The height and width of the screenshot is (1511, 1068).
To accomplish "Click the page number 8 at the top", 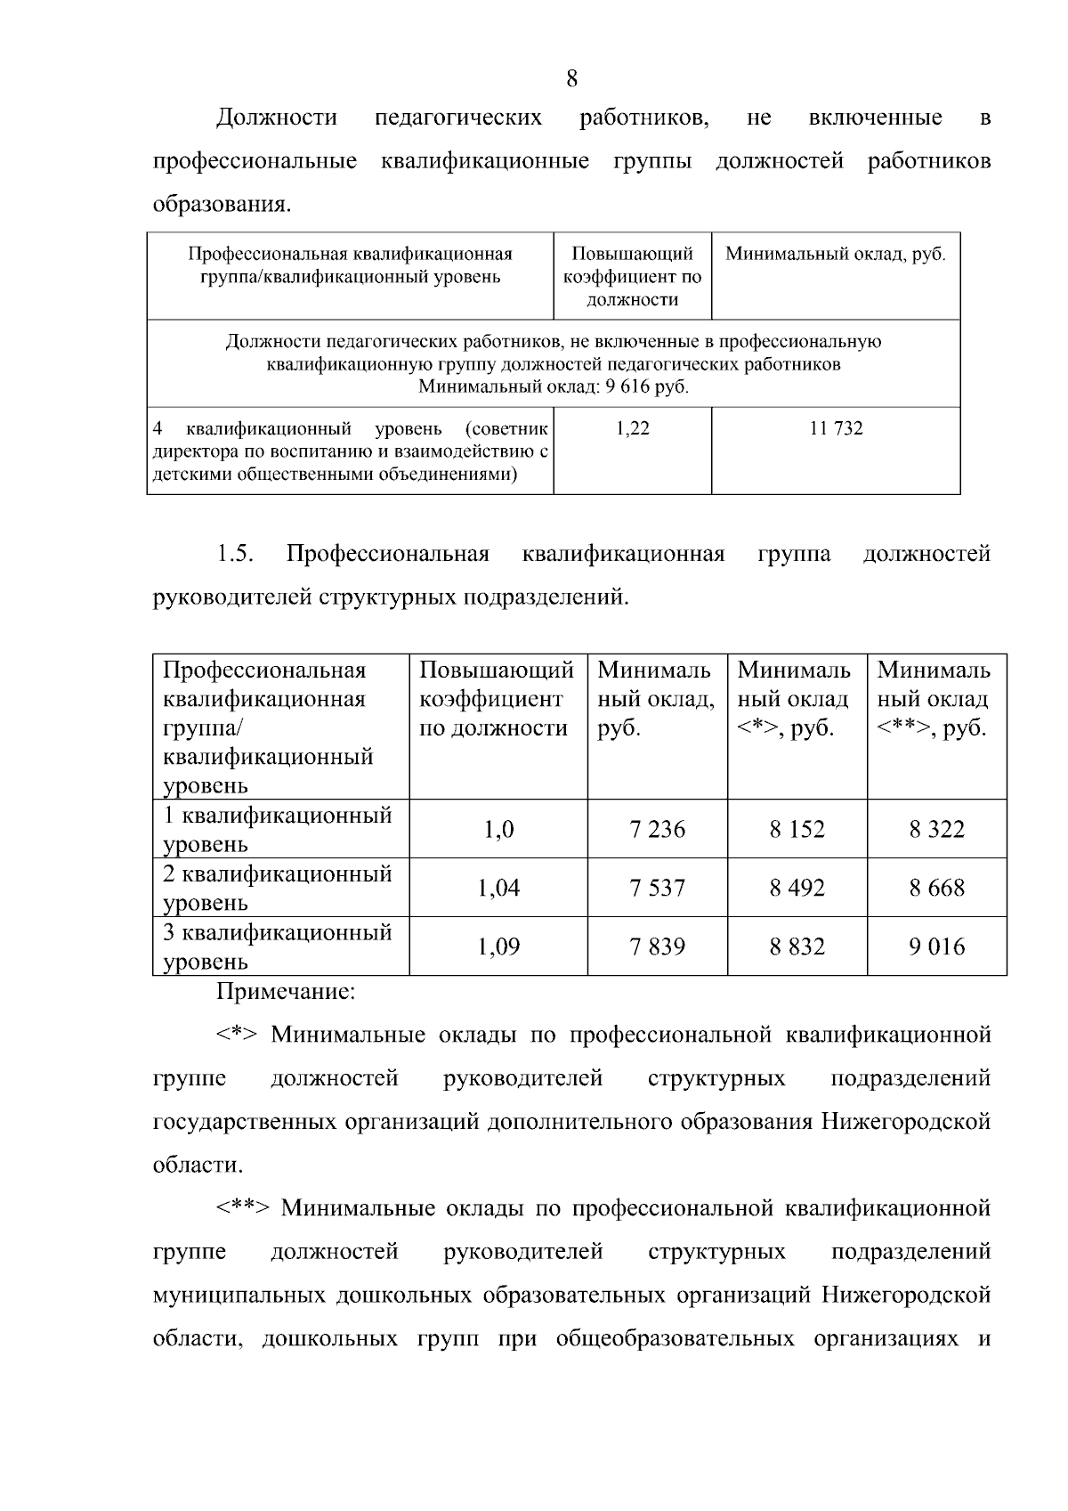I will (x=571, y=78).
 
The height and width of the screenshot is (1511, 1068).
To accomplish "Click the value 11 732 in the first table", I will (x=836, y=428).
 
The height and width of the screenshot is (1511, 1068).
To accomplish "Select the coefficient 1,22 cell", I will (x=633, y=428).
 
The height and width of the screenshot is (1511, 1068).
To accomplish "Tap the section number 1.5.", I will (x=236, y=554).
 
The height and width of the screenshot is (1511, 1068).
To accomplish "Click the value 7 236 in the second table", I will (x=658, y=829).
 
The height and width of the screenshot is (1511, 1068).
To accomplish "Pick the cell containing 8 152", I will (x=797, y=829).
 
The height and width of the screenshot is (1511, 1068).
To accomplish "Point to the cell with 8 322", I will (x=937, y=829).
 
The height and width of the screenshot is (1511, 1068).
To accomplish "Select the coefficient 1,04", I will (x=498, y=888).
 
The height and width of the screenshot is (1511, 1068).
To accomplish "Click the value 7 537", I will (x=658, y=888).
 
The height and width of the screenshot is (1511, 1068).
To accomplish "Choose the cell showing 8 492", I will (x=797, y=888).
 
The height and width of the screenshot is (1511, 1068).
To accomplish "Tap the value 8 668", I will (x=937, y=888).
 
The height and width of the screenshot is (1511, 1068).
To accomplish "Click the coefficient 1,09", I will (x=498, y=946).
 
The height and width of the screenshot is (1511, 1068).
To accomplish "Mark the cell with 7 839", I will (x=658, y=946).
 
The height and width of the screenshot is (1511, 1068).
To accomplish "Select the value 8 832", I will (x=797, y=946).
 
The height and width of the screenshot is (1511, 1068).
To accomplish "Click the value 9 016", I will (x=937, y=946).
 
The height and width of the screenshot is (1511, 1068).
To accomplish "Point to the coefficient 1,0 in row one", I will (x=498, y=829).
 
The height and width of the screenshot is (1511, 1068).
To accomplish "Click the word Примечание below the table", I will (x=286, y=990).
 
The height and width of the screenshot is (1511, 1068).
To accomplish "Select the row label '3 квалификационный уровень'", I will (x=277, y=946).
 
